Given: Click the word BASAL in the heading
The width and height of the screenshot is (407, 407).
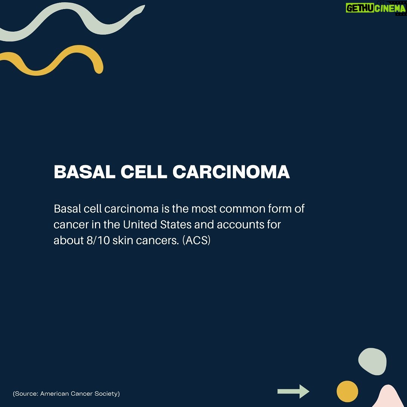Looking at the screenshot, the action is click(84, 172).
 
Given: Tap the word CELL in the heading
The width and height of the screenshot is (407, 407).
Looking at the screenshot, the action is click(144, 172).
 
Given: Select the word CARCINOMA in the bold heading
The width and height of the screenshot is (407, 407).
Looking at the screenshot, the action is click(231, 172).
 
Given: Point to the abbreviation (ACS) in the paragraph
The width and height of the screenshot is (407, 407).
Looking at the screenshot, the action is click(196, 240).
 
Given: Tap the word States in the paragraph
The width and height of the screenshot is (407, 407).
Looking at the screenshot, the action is click(176, 225).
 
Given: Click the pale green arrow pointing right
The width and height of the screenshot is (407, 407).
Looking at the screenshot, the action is click(293, 391).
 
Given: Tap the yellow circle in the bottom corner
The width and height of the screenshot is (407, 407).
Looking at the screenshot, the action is click(347, 392).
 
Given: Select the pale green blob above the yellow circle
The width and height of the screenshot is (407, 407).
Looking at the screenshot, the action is click(372, 361).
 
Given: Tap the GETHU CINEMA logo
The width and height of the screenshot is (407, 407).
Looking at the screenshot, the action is click(375, 8).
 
